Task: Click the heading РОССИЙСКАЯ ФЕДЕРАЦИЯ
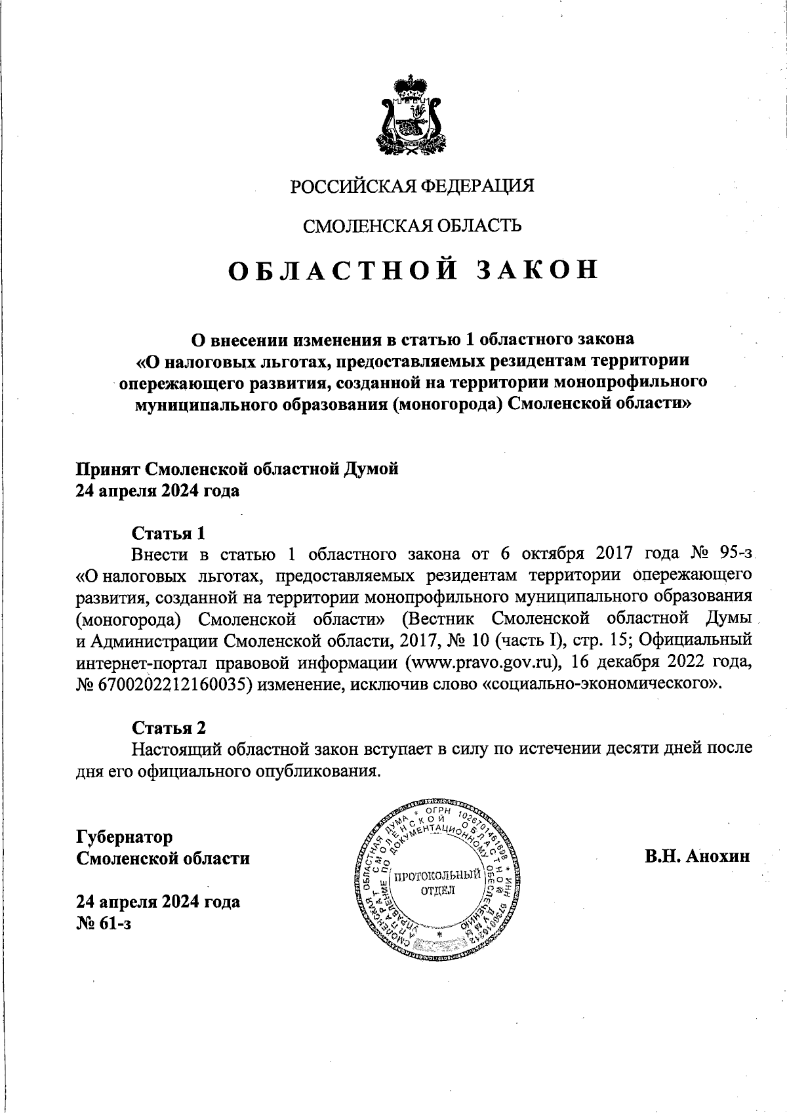413,186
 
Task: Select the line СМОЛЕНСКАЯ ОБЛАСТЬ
412,226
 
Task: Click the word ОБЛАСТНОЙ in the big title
341,271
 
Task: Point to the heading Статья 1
169,532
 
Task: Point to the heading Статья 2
169,727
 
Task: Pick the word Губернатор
125,838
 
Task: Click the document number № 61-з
104,923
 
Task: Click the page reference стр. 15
601,641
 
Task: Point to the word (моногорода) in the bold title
448,404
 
